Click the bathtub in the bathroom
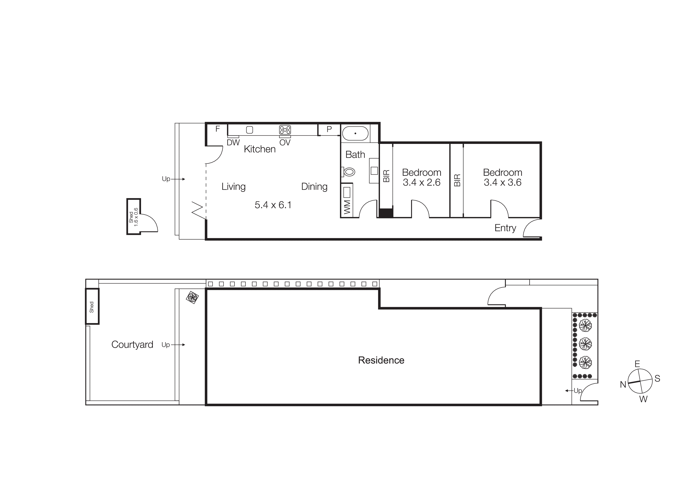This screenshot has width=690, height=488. click(x=355, y=133)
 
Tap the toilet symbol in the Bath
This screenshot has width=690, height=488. click(x=349, y=172)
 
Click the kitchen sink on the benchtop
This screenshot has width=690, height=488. click(x=249, y=130)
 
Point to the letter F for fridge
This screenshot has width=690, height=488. click(x=218, y=129)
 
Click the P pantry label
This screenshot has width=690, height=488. click(x=329, y=129)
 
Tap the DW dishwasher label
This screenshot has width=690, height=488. click(x=233, y=143)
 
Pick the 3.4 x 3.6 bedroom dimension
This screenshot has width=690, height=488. click(x=503, y=182)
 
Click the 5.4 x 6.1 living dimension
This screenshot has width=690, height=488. click(x=273, y=205)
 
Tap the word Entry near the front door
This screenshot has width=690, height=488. click(x=505, y=228)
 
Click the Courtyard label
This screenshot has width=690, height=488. click(x=132, y=344)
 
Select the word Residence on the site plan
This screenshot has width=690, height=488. click(x=381, y=360)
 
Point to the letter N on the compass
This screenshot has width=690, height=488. click(x=623, y=385)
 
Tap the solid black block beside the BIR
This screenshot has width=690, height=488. click(x=386, y=213)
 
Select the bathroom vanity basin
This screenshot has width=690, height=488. click(x=374, y=171)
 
